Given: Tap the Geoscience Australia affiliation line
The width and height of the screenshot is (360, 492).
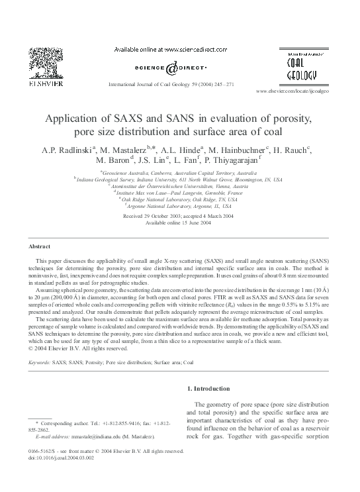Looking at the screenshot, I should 179,171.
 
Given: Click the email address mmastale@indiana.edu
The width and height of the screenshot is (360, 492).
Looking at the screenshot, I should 103,437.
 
